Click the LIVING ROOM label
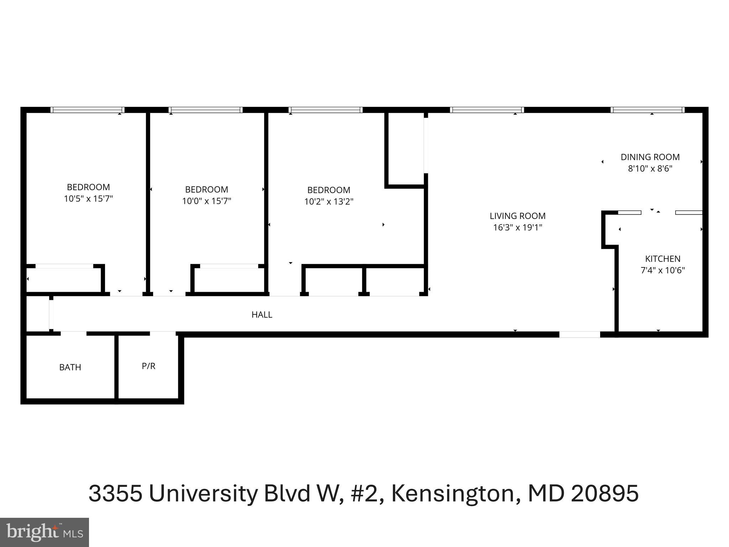coord(517,216)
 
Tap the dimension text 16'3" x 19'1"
coord(517,227)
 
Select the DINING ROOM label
coord(650,157)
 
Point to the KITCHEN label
coord(662,259)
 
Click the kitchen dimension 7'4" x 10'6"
coord(662,270)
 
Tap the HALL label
coord(262,314)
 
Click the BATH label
coord(70,367)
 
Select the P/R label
coord(148,366)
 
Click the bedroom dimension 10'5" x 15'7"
coord(88,199)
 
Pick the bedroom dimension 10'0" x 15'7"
coord(206,201)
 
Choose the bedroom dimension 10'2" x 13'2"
coord(329,202)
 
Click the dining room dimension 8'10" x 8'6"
coord(650,168)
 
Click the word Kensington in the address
coord(453,494)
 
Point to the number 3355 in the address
coord(115,494)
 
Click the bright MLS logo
coord(44,532)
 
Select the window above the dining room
coord(648,110)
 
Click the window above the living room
coord(487,110)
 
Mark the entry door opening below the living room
coord(579,334)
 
